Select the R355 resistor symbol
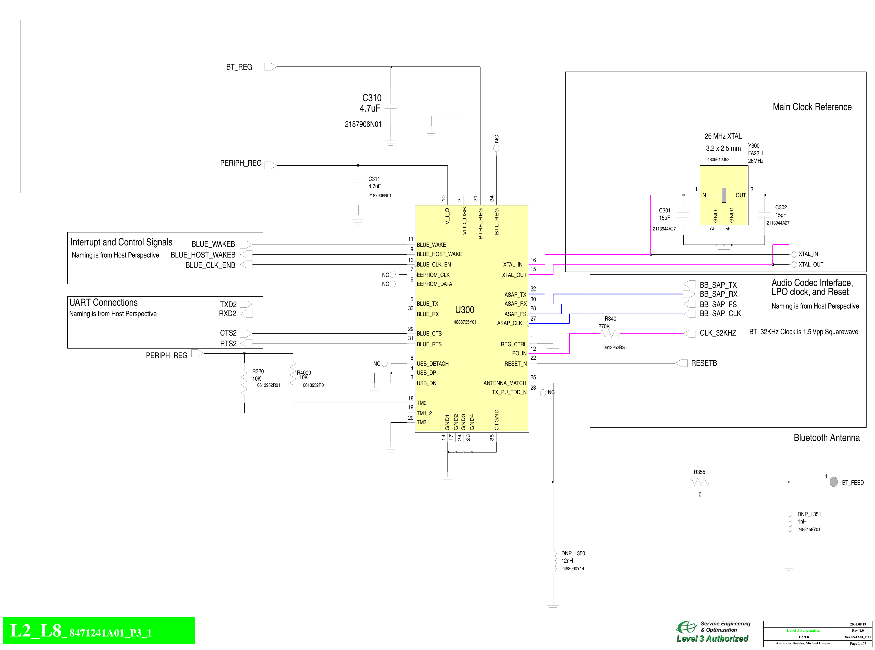(x=699, y=482)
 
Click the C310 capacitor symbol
(x=390, y=106)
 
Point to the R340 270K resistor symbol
(x=610, y=334)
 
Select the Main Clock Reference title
(x=812, y=107)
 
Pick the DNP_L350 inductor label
(x=573, y=553)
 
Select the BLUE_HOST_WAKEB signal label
(x=203, y=255)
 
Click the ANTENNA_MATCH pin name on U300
(x=504, y=383)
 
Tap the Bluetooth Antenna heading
(x=826, y=438)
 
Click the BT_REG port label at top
(x=239, y=67)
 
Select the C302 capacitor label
(x=781, y=207)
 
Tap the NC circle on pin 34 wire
(x=496, y=148)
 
